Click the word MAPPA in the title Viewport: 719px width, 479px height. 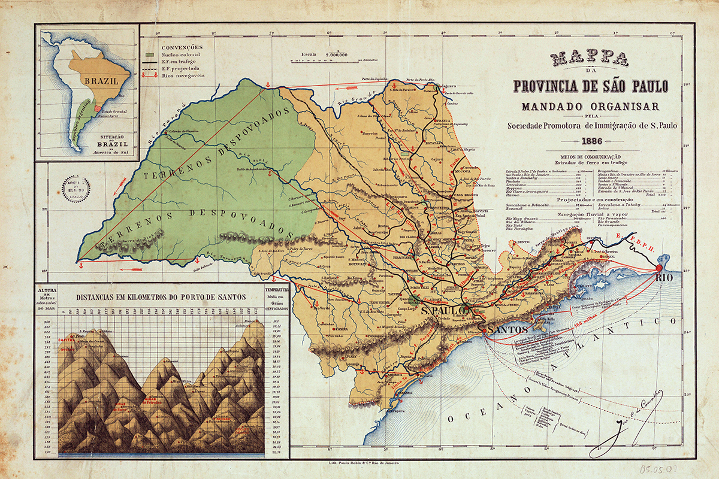(590, 58)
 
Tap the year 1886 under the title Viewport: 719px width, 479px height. (590, 142)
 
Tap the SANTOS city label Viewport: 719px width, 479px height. (506, 330)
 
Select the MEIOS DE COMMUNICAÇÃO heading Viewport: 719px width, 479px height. (590, 156)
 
